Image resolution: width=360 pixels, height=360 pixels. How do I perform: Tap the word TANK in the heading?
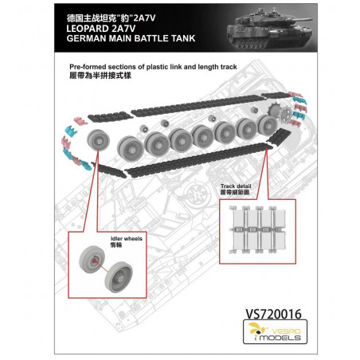[x=200, y=37]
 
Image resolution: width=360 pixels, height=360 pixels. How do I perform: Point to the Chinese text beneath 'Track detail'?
[x=237, y=195]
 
